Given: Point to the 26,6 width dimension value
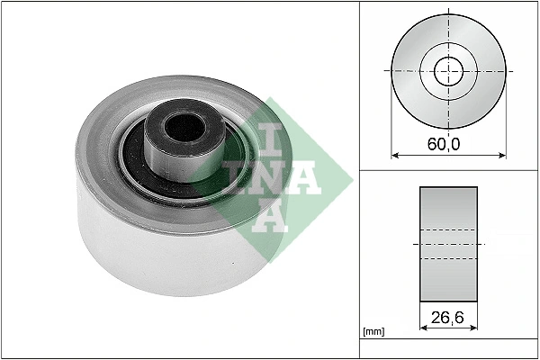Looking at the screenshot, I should (x=448, y=317).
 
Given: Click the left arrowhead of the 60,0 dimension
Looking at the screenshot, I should (x=395, y=152).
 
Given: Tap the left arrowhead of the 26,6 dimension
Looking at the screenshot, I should (x=423, y=328).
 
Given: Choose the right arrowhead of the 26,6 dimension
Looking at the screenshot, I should (x=474, y=328).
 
